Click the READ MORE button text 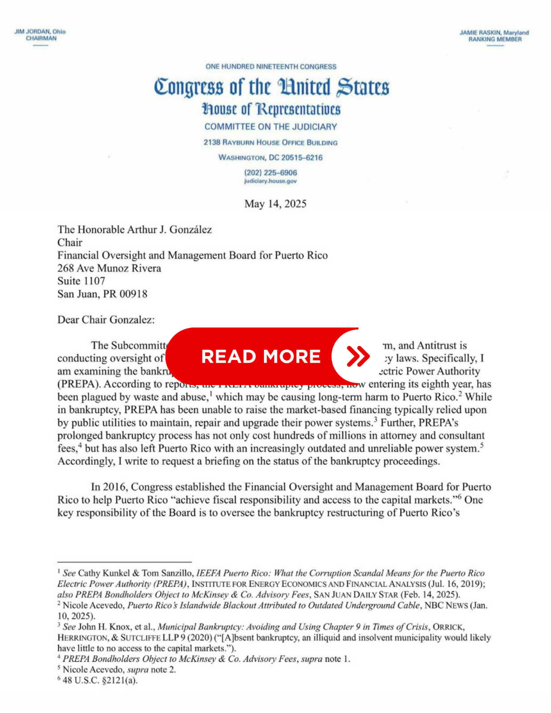coord(261,356)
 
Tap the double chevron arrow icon coord(358,356)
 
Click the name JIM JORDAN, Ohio coord(40,32)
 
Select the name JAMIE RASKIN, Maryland coord(494,33)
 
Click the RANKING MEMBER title coord(495,39)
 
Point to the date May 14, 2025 coord(275,204)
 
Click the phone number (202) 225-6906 coord(270,172)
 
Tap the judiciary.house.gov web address coord(270,181)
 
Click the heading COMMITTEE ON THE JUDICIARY coord(271,127)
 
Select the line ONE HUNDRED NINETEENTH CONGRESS coord(271,66)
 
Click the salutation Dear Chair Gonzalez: coord(106,320)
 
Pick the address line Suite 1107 coord(81,281)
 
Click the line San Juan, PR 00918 coord(102,294)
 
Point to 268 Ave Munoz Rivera coord(109,268)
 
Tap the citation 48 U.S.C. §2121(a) coord(100,680)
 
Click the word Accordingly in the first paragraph coord(85,461)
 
